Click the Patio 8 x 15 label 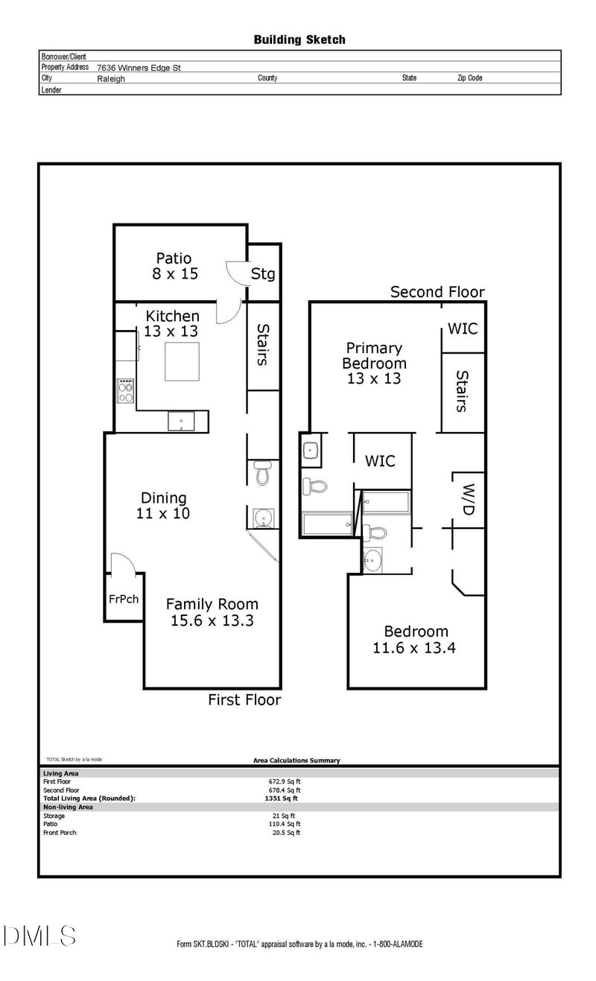click(175, 266)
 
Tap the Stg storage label click(263, 274)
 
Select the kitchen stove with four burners click(125, 390)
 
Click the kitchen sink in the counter click(181, 422)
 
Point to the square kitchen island click(183, 362)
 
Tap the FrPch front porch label click(124, 599)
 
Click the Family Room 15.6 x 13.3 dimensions click(212, 620)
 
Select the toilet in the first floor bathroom click(263, 472)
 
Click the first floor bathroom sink click(264, 518)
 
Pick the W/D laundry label click(468, 499)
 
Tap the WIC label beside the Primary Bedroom click(463, 329)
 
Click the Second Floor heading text click(437, 292)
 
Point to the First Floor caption click(244, 700)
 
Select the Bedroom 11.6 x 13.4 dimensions click(414, 648)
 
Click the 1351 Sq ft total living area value click(281, 799)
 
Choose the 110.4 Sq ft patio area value click(284, 824)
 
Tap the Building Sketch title click(299, 40)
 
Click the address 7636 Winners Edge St click(139, 68)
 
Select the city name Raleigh click(111, 79)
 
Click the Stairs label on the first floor click(262, 345)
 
